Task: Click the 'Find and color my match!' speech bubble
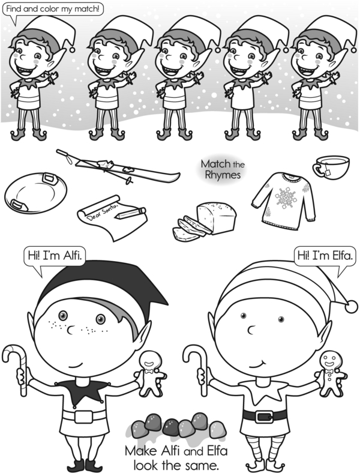coord(53,9)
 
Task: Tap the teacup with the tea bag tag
coord(331,167)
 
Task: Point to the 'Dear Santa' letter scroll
coord(112,218)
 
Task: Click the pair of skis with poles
coord(118,167)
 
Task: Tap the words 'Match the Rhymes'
coord(223,169)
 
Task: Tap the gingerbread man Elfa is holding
coord(330,373)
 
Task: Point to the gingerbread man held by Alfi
coord(151,374)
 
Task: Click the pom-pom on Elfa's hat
coord(352,306)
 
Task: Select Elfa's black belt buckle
coord(264,417)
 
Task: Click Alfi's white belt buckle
coord(83,417)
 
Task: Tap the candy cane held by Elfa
coord(197,369)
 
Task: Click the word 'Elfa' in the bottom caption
coord(217,451)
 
